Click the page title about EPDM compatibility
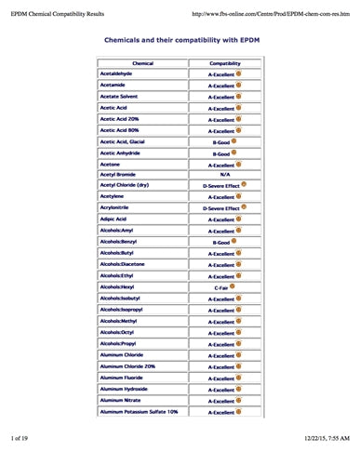pos(181,42)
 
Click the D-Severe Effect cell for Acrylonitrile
pos(222,208)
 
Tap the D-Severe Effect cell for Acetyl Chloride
pos(222,185)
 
